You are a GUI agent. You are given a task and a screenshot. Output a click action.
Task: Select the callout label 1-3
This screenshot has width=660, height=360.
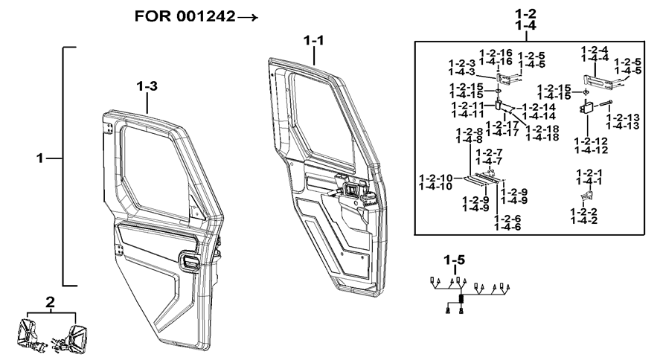[147, 86]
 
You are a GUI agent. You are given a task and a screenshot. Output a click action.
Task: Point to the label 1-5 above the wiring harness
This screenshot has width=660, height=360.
[455, 260]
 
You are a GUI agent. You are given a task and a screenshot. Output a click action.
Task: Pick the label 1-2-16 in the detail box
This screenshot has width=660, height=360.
[496, 53]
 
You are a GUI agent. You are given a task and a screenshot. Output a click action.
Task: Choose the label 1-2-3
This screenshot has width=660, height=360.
[461, 63]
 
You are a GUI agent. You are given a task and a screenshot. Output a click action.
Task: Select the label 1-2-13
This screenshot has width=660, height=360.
[623, 118]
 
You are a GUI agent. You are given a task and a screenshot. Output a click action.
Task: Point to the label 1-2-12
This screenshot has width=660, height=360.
[592, 140]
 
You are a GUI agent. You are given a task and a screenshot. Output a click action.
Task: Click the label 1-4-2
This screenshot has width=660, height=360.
[584, 220]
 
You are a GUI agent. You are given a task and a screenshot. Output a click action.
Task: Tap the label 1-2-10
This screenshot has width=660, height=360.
[435, 178]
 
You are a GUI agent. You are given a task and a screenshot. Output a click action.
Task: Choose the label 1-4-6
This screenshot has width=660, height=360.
[509, 227]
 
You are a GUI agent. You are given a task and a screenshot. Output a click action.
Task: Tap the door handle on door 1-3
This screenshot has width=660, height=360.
[189, 260]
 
